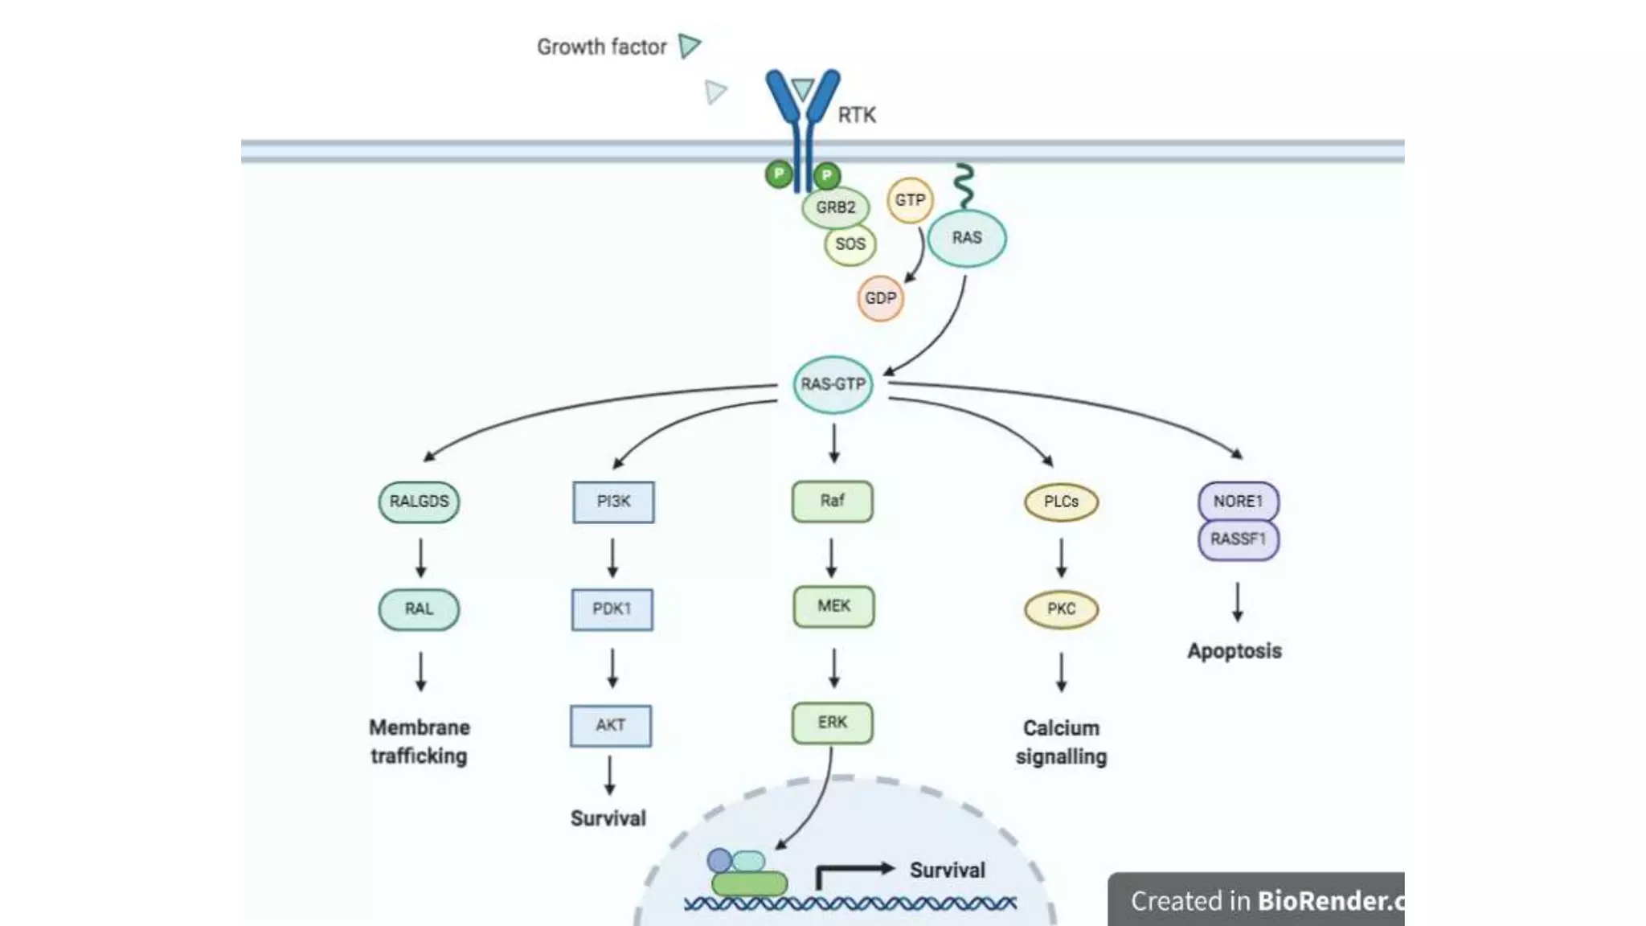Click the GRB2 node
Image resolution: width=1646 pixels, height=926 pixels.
coord(835,207)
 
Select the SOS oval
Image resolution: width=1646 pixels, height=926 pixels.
coord(850,244)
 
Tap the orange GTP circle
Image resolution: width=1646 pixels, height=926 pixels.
coord(910,200)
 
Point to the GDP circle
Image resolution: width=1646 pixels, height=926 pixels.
coord(880,298)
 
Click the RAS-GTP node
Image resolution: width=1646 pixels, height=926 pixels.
coord(833,384)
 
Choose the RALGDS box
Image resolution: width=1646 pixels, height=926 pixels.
coord(419,502)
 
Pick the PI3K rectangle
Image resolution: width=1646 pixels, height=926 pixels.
coord(613,502)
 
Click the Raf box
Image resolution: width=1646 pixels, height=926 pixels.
coord(832,501)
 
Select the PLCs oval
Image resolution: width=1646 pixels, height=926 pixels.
coord(1061,502)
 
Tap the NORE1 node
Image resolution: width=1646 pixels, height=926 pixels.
coord(1238,502)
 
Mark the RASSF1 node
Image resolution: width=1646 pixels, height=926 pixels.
coord(1238,539)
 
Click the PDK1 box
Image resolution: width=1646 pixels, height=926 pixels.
coord(612,609)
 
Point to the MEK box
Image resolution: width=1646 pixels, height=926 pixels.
coord(833,606)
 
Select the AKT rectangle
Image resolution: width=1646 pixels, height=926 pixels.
coord(611,725)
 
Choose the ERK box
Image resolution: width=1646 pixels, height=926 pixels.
coord(832,722)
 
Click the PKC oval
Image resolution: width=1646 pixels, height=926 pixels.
coord(1061,609)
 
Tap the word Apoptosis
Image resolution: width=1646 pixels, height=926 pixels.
coord(1234,651)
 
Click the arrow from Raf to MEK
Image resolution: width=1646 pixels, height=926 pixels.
coord(832,558)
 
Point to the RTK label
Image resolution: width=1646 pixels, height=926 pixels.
coord(857,116)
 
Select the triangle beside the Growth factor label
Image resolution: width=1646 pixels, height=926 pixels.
coord(689,45)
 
